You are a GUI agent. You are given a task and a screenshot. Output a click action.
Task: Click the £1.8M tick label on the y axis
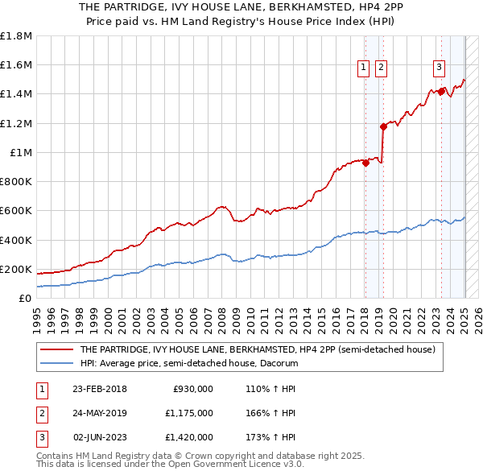coord(16,36)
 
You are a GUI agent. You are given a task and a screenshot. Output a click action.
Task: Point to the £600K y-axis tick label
coord(16,211)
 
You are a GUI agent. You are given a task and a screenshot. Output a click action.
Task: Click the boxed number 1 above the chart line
coord(364,68)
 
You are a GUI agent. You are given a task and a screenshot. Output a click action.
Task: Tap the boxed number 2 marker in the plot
coord(381,68)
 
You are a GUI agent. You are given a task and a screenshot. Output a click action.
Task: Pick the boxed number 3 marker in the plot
coord(440,68)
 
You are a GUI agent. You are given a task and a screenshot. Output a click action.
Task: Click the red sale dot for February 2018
coord(365,163)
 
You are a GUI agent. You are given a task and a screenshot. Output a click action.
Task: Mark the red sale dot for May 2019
coord(383,126)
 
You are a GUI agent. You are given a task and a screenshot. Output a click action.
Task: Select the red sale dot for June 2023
coord(441,91)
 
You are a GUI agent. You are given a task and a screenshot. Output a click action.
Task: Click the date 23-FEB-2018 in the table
coord(100,389)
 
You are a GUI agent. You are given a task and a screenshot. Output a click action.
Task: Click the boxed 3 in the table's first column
coord(39,437)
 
